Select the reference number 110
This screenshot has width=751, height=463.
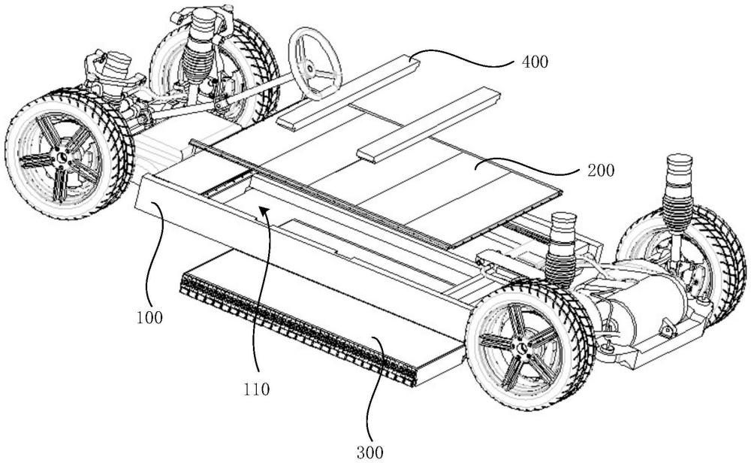[261, 389]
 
